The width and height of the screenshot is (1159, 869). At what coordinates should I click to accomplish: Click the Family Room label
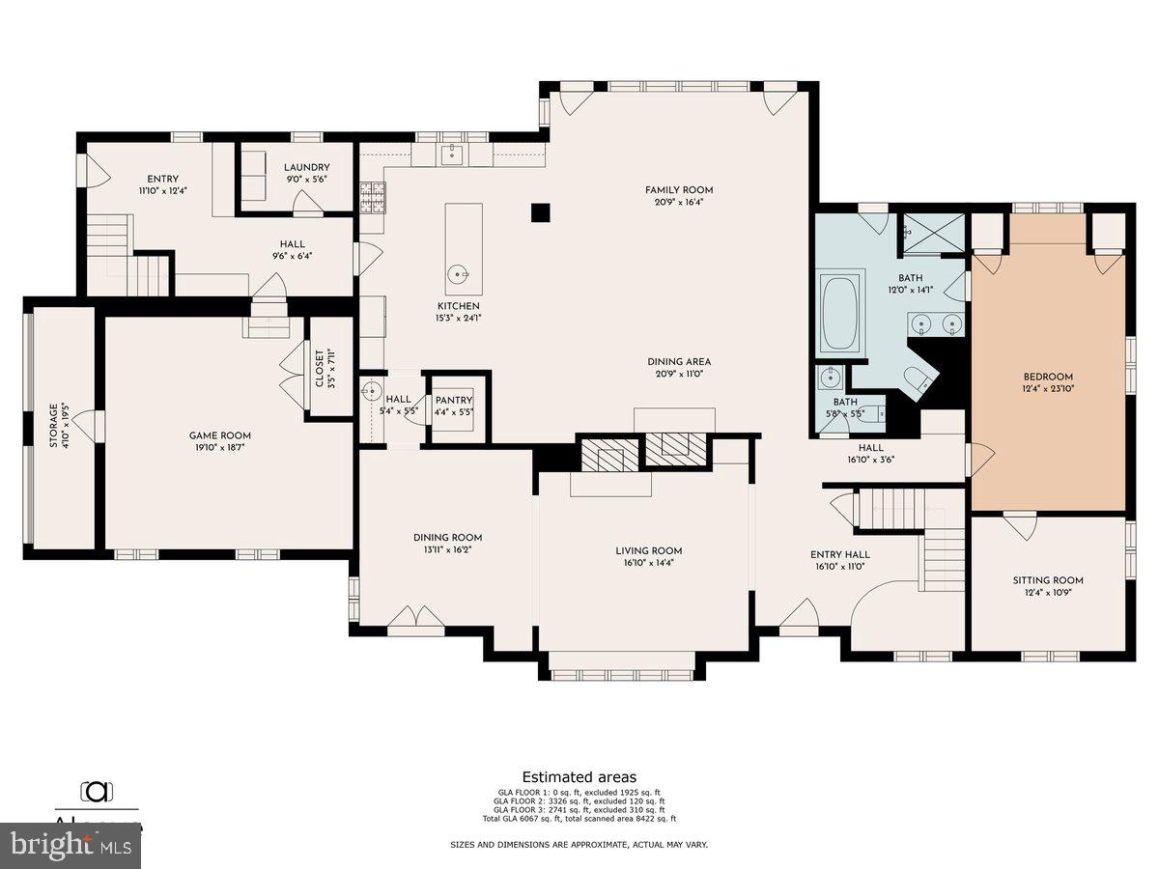pyautogui.click(x=679, y=190)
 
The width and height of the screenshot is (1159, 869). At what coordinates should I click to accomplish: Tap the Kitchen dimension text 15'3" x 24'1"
pyautogui.click(x=459, y=318)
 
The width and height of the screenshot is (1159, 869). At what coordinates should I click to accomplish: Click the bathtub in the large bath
pyautogui.click(x=839, y=314)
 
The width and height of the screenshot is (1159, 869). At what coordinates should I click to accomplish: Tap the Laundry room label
pyautogui.click(x=307, y=167)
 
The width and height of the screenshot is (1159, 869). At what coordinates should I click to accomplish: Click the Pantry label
pyautogui.click(x=453, y=400)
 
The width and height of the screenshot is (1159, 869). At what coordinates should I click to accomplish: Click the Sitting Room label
pyautogui.click(x=1048, y=580)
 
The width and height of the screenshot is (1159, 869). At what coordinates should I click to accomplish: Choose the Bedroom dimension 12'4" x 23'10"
pyautogui.click(x=1048, y=389)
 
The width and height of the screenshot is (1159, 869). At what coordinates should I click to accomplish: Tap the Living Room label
pyautogui.click(x=649, y=551)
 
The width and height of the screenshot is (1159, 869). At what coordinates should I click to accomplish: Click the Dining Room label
pyautogui.click(x=447, y=538)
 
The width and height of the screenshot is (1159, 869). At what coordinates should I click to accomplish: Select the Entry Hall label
pyautogui.click(x=840, y=554)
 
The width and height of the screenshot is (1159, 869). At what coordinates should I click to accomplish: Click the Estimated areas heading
pyautogui.click(x=579, y=776)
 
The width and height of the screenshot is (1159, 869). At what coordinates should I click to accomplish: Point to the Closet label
pyautogui.click(x=321, y=368)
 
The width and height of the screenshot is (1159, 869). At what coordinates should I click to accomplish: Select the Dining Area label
pyautogui.click(x=679, y=362)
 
